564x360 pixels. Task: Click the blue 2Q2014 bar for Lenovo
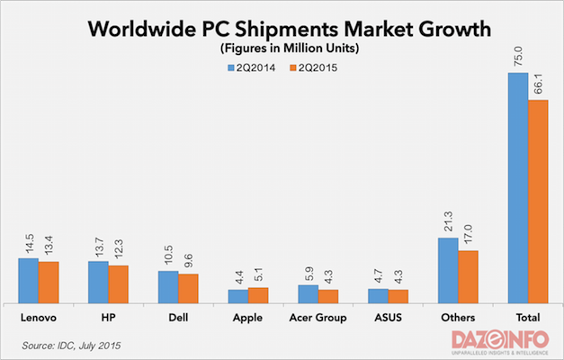pos(28,281)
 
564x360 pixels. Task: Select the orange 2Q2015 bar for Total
pos(538,202)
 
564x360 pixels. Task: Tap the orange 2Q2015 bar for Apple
pos(258,295)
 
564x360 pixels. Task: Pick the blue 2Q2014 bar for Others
pos(448,271)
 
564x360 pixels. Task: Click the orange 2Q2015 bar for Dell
pos(188,289)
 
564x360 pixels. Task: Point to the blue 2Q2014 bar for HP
pos(98,283)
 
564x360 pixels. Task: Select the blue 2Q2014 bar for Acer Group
pos(308,294)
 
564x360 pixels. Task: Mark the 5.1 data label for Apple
pos(258,273)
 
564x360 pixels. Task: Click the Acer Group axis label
pos(318,317)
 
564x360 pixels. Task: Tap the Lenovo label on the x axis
pos(39,317)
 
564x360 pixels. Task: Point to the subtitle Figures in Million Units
pos(281,49)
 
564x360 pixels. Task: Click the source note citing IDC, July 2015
pos(71,344)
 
